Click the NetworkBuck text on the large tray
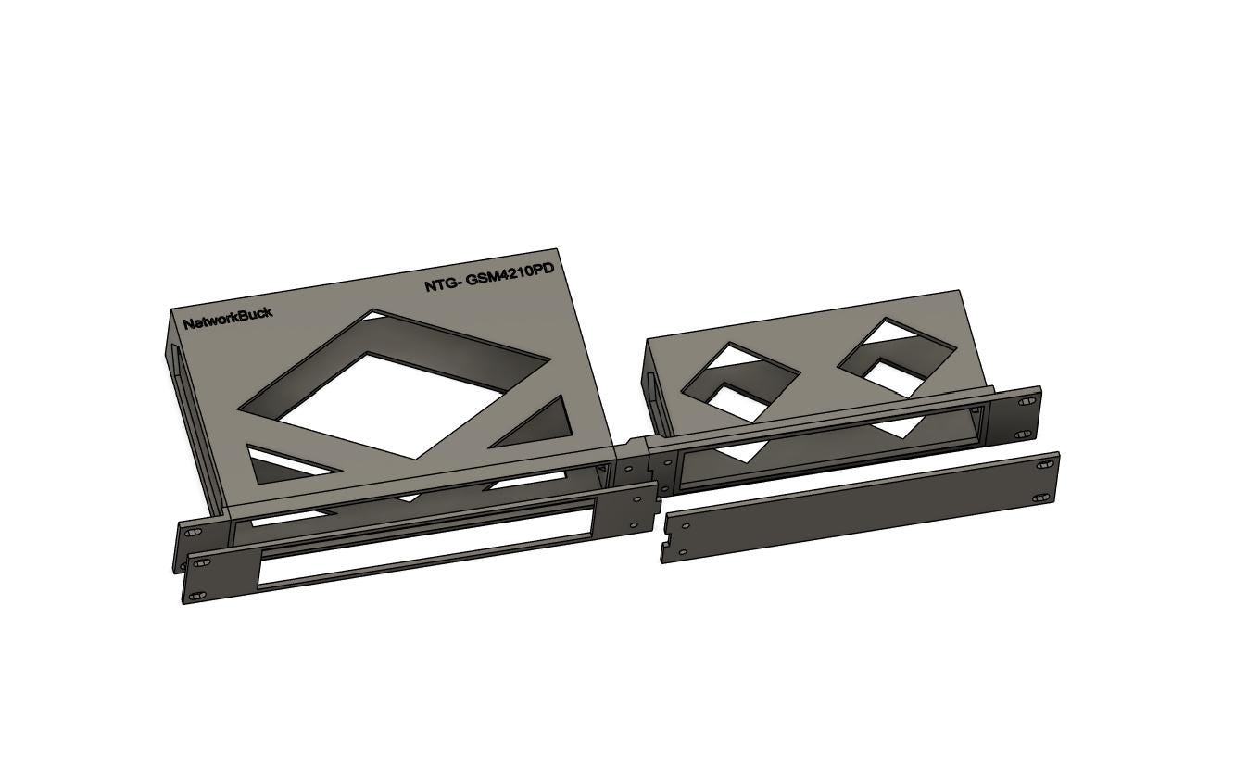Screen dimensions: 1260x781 pos(228,319)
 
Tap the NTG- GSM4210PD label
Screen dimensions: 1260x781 pos(489,277)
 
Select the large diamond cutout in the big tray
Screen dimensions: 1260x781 pos(394,384)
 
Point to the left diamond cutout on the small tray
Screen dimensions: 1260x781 pos(741,382)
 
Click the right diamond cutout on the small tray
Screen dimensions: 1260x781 pos(897,358)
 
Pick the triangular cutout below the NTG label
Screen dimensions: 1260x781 pos(532,422)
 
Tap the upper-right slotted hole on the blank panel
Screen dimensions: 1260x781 pos(1045,465)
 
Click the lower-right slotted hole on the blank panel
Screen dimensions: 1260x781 pos(1040,498)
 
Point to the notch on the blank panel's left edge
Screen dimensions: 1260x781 pos(666,544)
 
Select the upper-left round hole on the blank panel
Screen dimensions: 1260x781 pos(686,525)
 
